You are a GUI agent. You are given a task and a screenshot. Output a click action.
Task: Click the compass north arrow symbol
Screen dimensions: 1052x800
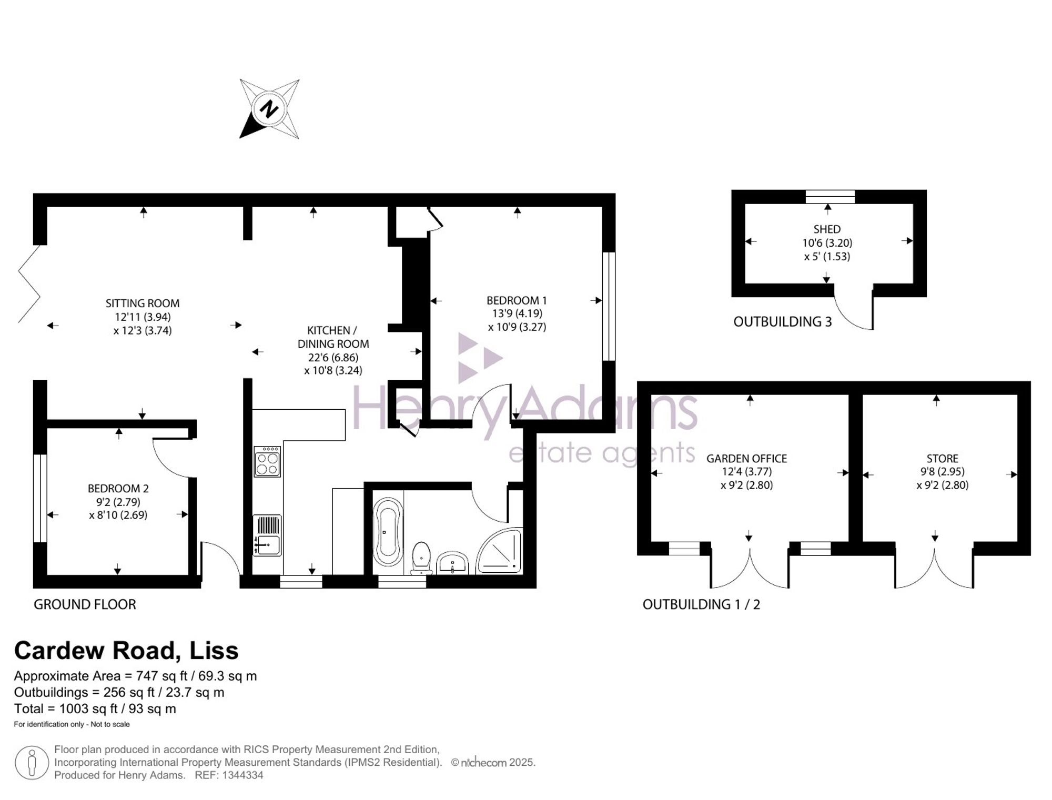269,109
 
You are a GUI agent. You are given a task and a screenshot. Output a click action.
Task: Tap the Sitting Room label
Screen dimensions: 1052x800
143,303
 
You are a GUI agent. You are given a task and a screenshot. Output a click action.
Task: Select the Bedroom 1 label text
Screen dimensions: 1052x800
517,300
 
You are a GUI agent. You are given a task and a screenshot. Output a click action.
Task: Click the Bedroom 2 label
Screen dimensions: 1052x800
118,488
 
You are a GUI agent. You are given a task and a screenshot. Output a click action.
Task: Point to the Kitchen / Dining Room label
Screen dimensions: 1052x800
333,337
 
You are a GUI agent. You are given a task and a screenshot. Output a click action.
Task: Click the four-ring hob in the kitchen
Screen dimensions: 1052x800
267,462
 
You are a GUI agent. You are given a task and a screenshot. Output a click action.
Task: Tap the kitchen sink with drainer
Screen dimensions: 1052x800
267,535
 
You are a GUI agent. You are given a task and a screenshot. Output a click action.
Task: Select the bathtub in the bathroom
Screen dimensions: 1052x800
388,532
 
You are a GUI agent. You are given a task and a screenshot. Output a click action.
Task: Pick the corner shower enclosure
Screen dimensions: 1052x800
499,550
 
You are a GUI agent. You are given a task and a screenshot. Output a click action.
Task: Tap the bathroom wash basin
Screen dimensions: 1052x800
452,562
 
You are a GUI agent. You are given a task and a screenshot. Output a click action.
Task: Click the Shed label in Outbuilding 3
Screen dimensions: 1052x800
827,229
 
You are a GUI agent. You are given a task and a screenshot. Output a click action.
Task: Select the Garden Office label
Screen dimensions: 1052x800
746,459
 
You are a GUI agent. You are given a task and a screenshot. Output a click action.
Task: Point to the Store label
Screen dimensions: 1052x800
942,459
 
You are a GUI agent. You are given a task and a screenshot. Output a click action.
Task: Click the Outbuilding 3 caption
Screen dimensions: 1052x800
783,322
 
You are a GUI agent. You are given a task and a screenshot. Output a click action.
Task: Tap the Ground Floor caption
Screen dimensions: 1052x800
85,604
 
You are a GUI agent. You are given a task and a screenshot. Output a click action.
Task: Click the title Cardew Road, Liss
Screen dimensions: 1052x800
126,651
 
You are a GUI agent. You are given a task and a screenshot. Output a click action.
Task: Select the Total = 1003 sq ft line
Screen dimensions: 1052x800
95,708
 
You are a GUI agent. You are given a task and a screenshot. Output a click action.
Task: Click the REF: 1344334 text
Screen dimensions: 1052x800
229,775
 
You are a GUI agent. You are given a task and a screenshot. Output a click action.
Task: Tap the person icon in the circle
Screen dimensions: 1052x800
32,763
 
